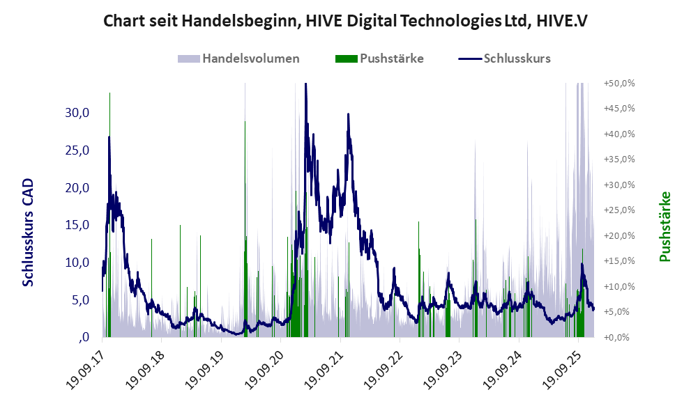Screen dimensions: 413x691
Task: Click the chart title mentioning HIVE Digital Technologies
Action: [345, 21]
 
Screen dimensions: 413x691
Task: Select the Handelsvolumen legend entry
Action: [250, 59]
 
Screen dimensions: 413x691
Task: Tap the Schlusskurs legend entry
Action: [517, 59]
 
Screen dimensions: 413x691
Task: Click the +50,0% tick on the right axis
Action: [619, 83]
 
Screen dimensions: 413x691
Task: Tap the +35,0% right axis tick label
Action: [619, 159]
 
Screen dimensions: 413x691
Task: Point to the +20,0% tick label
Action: [619, 235]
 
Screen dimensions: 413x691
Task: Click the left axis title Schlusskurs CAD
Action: [29, 233]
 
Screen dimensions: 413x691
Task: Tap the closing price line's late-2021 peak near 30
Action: [347, 114]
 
